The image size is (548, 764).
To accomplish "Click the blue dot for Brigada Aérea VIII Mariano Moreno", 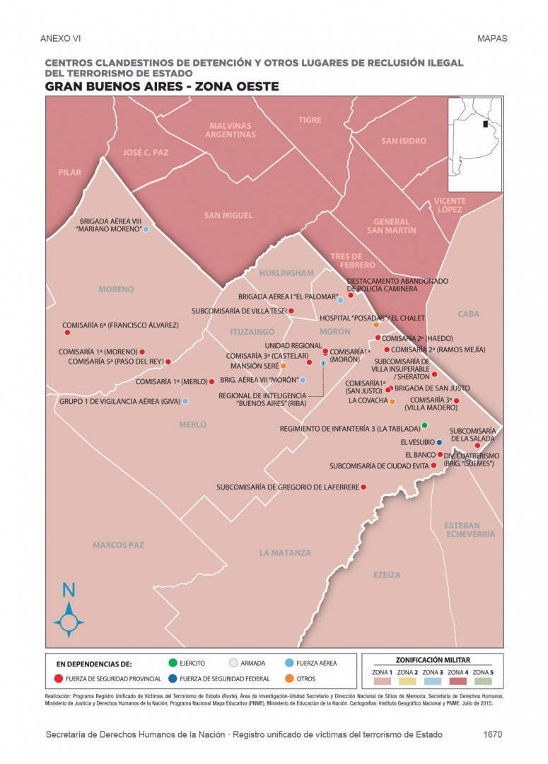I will (x=146, y=229).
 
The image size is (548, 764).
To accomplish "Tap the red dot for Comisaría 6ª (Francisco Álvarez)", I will (x=67, y=332).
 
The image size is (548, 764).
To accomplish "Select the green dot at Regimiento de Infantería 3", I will (x=424, y=425).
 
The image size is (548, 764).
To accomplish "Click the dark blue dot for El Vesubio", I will (x=439, y=443).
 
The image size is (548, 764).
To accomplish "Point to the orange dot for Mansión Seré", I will (x=284, y=366).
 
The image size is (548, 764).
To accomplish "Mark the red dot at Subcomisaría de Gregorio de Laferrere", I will (x=363, y=487).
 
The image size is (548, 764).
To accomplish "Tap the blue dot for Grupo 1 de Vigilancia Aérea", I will (x=185, y=401).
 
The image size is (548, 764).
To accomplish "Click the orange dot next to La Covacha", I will (x=392, y=401).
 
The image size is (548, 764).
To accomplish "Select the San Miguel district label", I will (x=228, y=215).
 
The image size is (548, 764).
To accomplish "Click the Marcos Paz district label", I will (x=118, y=545).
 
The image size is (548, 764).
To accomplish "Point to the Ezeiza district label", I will (x=387, y=575).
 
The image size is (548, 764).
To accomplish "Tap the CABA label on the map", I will (x=468, y=313).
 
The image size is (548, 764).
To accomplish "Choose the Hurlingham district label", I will (x=286, y=273).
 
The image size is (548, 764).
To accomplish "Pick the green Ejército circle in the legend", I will (x=173, y=663).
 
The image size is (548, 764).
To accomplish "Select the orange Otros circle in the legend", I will (x=291, y=679).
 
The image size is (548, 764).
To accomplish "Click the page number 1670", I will (x=493, y=734).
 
